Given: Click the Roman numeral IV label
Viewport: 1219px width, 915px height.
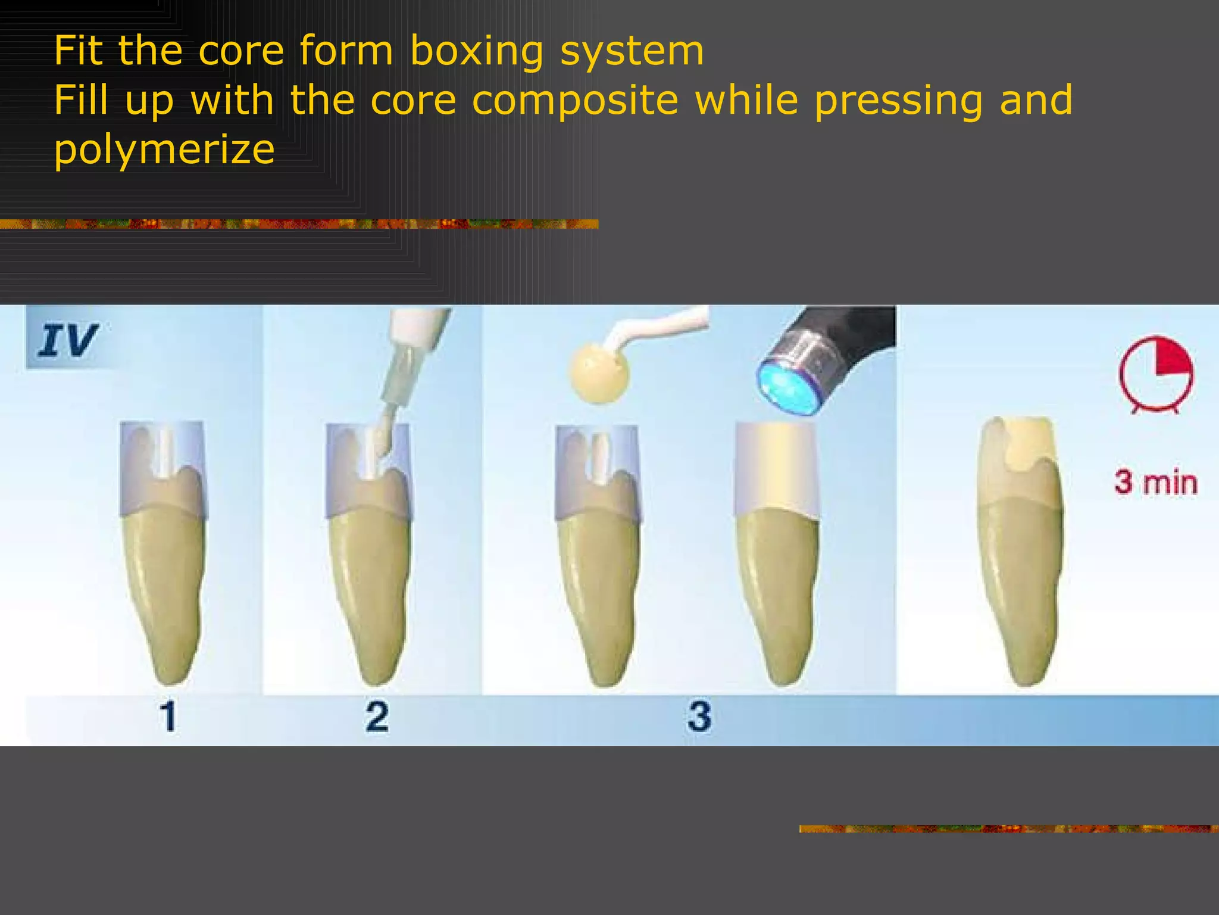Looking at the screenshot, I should point(67,341).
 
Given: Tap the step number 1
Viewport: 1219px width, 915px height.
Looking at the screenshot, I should point(168,716).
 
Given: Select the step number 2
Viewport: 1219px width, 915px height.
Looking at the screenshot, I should point(377,716).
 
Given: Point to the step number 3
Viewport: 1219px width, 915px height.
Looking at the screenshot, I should point(699,716).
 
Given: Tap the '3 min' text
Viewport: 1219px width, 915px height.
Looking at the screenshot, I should point(1155,483).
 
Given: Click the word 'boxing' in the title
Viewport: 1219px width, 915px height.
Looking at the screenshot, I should point(476,51).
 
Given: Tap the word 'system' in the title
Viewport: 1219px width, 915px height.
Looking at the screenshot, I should point(632,51).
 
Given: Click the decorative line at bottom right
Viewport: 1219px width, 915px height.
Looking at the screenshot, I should point(1008,829).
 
